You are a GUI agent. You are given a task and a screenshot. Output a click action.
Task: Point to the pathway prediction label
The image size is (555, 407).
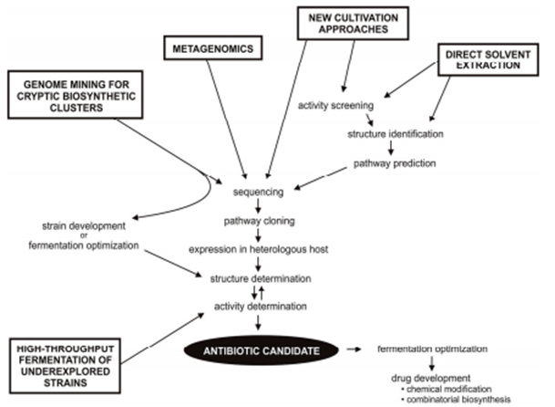(396, 164)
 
